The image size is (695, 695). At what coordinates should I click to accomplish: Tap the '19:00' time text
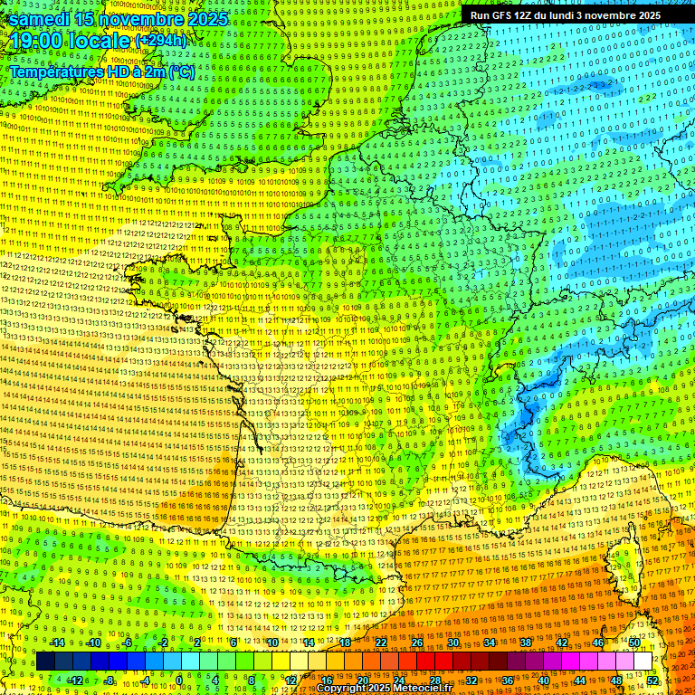[x=34, y=42]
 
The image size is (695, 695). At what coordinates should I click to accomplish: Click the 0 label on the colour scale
[x=179, y=680]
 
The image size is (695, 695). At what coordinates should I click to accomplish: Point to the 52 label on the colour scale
[x=652, y=680]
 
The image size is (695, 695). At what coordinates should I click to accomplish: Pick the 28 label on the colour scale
[x=434, y=680]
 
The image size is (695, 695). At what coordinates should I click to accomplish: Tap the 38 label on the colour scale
[x=525, y=643]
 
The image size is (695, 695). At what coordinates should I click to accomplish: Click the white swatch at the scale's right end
[x=643, y=662]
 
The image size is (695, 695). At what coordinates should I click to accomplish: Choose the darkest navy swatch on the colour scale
[x=45, y=662]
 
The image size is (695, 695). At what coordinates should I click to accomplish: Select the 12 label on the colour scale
[x=290, y=680]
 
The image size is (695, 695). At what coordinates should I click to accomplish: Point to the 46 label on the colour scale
[x=598, y=643]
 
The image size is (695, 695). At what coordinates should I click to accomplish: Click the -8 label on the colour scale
[x=109, y=680]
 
